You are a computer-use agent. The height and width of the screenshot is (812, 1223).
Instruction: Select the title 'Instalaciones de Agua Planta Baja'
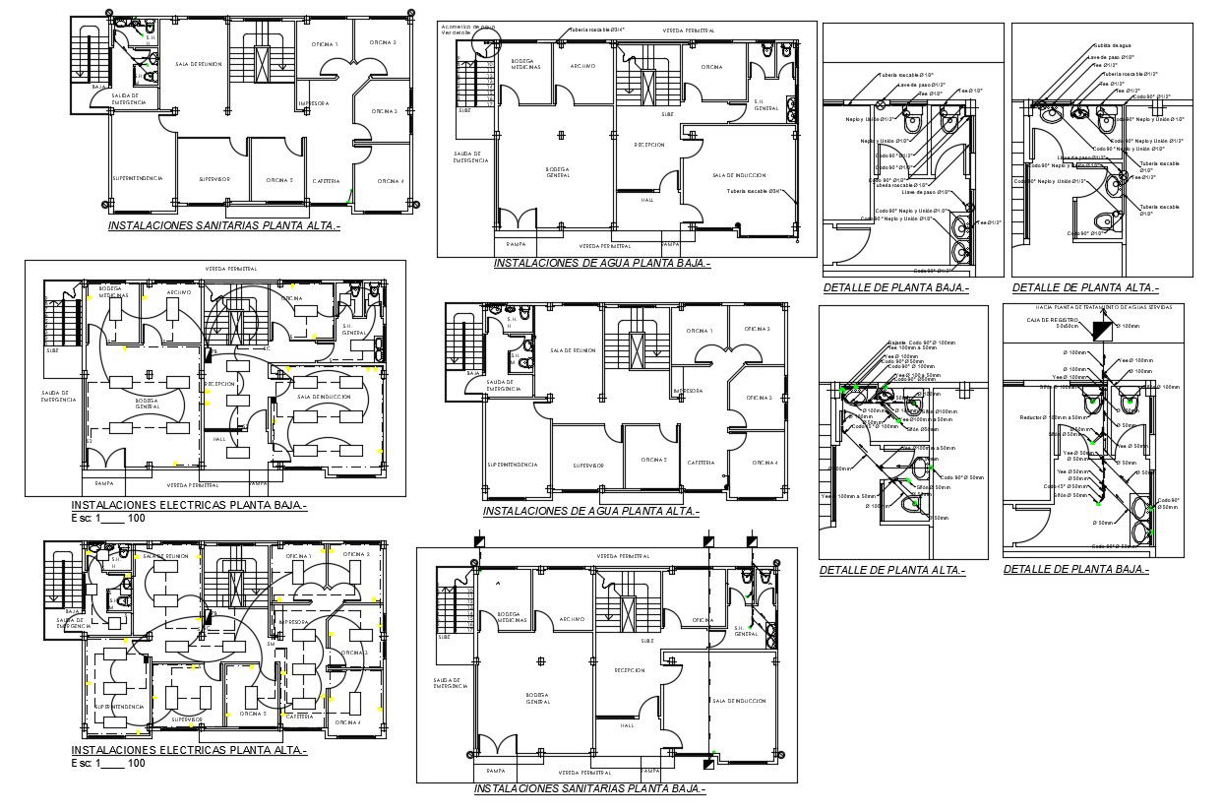602,264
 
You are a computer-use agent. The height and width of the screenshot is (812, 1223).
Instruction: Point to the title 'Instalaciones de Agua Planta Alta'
590,511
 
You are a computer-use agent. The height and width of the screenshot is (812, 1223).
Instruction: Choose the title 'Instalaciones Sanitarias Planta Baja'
589,789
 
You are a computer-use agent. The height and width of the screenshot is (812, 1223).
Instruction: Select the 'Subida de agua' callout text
1114,46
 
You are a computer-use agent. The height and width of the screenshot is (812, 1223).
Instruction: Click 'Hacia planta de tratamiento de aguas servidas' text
1101,308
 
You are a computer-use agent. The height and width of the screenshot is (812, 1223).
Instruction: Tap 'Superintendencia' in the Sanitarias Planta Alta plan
137,178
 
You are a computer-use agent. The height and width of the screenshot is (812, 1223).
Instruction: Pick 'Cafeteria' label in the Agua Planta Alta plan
701,463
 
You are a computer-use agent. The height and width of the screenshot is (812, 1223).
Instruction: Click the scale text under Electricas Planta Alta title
108,764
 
